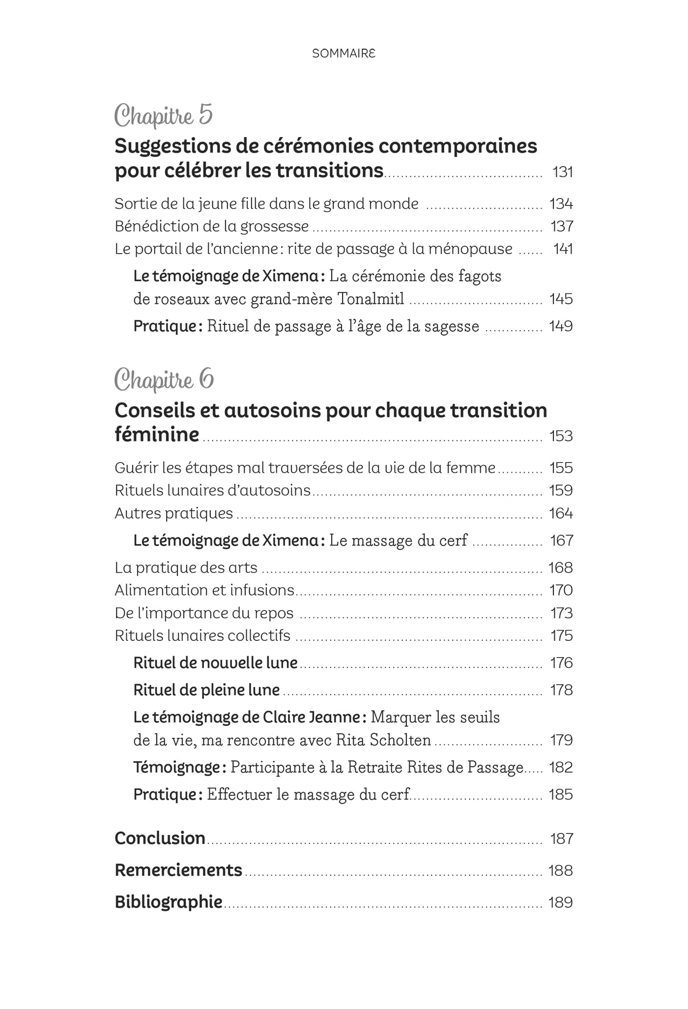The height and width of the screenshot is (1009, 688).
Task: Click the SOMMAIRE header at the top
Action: pyautogui.click(x=344, y=54)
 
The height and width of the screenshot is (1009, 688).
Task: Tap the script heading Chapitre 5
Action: pyautogui.click(x=164, y=116)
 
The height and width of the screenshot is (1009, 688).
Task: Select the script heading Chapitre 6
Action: pyautogui.click(x=164, y=380)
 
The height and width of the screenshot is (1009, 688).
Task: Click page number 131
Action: pyautogui.click(x=563, y=172)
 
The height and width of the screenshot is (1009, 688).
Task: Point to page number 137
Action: pyautogui.click(x=562, y=226)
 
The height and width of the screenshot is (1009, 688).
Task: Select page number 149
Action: pyautogui.click(x=561, y=326)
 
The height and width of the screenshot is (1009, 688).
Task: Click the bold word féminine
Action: pyautogui.click(x=157, y=434)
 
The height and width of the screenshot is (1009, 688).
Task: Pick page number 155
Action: pyautogui.click(x=561, y=467)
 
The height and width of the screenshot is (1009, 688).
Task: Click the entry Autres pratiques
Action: pyautogui.click(x=173, y=513)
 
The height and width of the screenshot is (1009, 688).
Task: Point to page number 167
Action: pyautogui.click(x=562, y=541)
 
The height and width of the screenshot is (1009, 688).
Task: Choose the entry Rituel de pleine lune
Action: pyautogui.click(x=206, y=690)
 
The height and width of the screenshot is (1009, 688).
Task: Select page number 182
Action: pyautogui.click(x=561, y=767)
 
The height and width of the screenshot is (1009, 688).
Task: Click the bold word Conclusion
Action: pyautogui.click(x=160, y=838)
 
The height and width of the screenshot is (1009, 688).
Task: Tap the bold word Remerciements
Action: pyautogui.click(x=178, y=870)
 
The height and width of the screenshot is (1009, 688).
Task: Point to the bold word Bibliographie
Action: pyautogui.click(x=169, y=902)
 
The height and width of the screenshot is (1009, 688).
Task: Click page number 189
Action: pyautogui.click(x=561, y=902)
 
